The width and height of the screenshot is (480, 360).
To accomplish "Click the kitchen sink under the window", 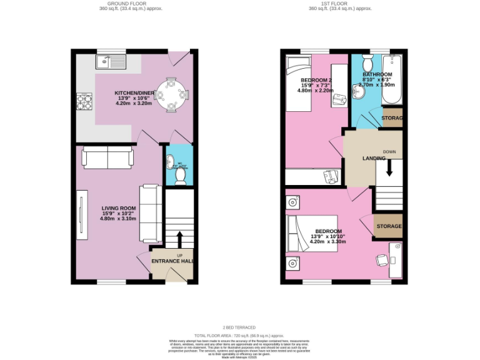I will coord(112,61).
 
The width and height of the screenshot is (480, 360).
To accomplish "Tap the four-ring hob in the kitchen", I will coord(82,101).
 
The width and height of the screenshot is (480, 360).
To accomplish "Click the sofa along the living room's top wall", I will coord(107,157).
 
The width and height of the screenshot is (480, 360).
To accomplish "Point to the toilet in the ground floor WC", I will coord(180,177).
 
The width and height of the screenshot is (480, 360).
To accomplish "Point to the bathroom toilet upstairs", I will coord(368,64).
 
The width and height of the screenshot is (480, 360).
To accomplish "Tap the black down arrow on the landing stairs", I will coord(389,167).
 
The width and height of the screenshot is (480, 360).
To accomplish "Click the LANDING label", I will coord(374,158).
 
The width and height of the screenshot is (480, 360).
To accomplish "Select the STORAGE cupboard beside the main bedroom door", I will coord(388,226).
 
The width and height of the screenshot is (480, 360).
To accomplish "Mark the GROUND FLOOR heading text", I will coord(123,4).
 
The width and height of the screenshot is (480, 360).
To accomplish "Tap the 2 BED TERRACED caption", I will coord(239,327).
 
